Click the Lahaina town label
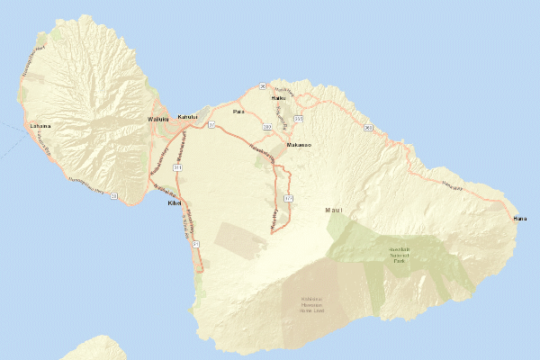click(40, 127)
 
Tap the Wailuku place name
click(158, 118)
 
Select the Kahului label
click(187, 117)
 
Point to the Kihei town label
click(175, 203)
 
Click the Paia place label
click(238, 112)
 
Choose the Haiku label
click(277, 98)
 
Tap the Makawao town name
click(299, 144)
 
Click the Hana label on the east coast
click(520, 219)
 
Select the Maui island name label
click(334, 211)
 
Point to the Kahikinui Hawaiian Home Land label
click(313, 304)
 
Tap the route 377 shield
click(288, 197)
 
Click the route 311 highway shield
click(178, 167)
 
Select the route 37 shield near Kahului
click(212, 125)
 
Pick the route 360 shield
click(369, 129)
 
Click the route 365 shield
click(298, 118)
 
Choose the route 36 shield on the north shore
click(262, 85)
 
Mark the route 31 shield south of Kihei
click(194, 245)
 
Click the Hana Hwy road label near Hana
click(451, 186)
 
